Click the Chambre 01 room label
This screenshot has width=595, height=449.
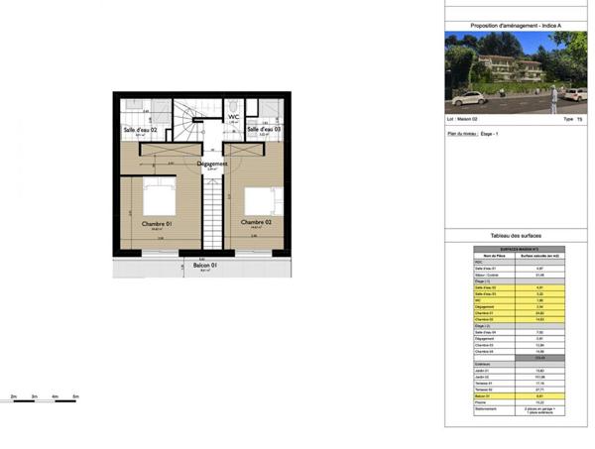point(157,224)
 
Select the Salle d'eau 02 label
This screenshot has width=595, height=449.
point(140,130)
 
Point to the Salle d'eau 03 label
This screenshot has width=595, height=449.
point(264,130)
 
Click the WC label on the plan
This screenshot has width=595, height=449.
point(234,116)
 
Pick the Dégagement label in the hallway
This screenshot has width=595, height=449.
point(212,164)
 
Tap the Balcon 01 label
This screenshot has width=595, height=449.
point(205,265)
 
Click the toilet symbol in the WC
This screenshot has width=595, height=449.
point(230,105)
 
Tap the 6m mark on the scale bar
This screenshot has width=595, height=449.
point(75,396)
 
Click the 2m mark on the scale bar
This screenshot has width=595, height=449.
point(14,396)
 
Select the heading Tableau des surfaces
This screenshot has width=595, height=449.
point(516,236)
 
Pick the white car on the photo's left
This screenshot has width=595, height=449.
point(467,98)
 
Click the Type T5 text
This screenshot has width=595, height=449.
point(569,120)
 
